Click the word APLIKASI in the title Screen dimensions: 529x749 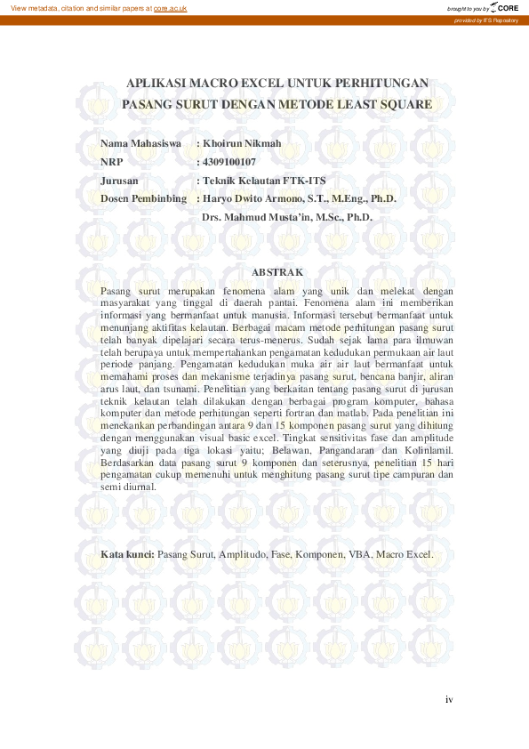click(x=157, y=83)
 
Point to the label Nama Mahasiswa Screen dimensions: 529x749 click(x=141, y=143)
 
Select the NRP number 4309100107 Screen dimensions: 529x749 click(x=229, y=162)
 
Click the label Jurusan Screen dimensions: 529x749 click(x=120, y=181)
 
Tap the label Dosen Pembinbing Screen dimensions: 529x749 click(x=144, y=198)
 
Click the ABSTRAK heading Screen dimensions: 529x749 click(x=278, y=271)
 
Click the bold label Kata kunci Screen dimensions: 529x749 click(x=128, y=554)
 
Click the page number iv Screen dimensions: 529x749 click(x=449, y=699)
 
